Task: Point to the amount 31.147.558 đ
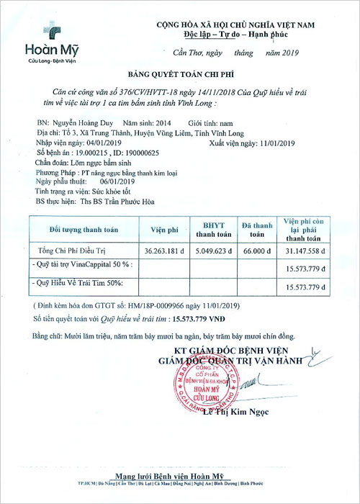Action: click(306, 251)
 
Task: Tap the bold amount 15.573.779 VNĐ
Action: click(205, 317)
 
